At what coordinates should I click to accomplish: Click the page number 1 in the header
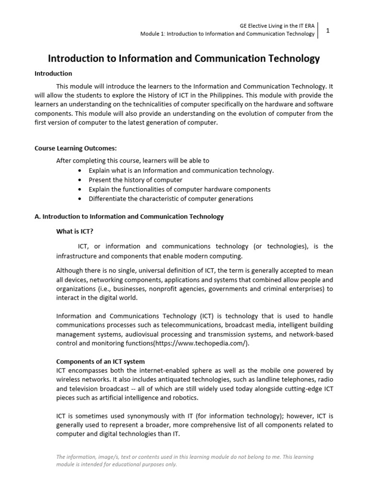tap(328, 30)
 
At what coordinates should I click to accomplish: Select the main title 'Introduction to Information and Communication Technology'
tap(184, 58)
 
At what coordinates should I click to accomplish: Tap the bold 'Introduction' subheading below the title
tap(53, 74)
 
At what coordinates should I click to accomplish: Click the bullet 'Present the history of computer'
tap(135, 180)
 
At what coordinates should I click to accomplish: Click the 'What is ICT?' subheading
tap(75, 231)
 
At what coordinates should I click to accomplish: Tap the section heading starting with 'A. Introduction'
tap(129, 216)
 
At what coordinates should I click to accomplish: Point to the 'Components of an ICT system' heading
tap(101, 361)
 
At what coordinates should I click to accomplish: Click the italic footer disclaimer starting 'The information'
tap(185, 460)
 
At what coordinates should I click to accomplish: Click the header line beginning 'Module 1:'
tap(227, 34)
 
